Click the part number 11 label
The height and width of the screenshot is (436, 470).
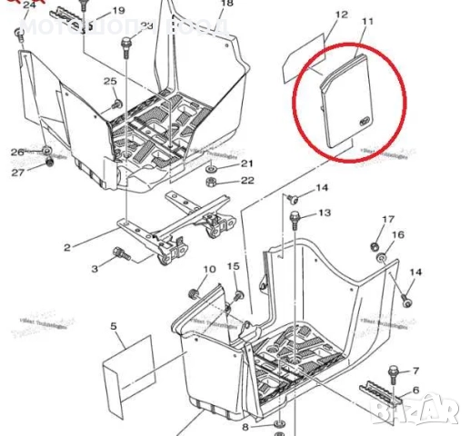pos(367,20)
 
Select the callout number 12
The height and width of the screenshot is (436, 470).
pos(341,15)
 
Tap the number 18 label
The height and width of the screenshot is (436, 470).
pos(226,4)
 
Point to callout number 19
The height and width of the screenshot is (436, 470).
pos(118,12)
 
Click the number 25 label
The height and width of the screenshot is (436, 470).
pos(110,83)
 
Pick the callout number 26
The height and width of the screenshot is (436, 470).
pos(17,151)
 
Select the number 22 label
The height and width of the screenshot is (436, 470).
pos(247,181)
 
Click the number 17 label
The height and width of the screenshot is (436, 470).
pos(388,220)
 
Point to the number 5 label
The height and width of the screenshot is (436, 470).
pos(115,325)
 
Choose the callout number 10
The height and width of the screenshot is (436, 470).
pos(209,270)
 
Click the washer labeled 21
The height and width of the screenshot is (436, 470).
pos(211,169)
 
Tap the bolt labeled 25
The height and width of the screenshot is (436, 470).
pos(118,104)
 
